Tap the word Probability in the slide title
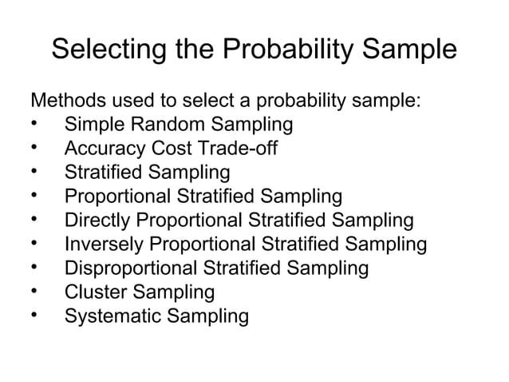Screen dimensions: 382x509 295,51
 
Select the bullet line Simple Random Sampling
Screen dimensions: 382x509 178,125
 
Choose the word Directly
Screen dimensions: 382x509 97,221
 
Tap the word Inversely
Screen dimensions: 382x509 105,245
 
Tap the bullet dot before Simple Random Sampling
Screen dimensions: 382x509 34,125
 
